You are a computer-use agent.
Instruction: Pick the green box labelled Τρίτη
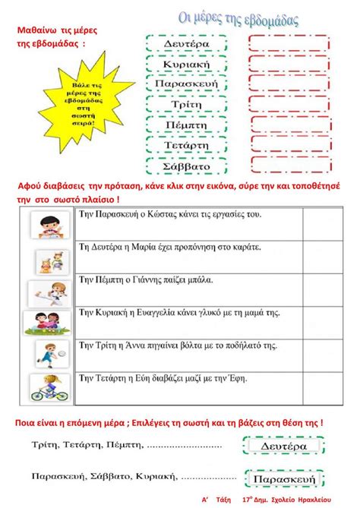(x=185, y=105)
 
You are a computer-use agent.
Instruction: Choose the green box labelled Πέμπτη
(x=185, y=125)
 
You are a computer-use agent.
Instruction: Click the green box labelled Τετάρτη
(x=185, y=145)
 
